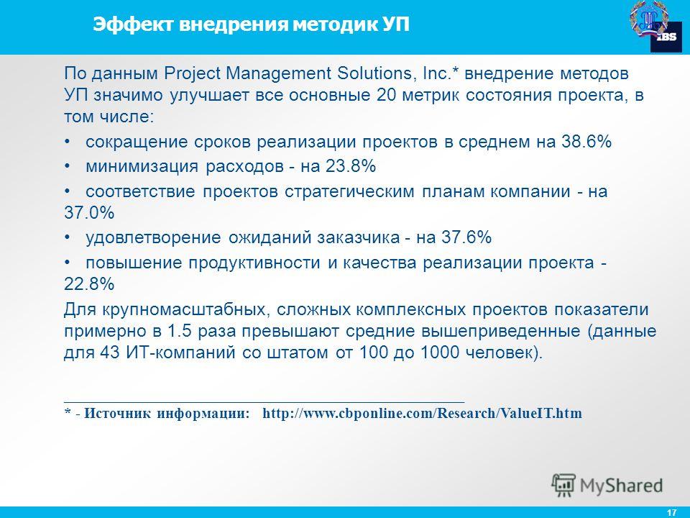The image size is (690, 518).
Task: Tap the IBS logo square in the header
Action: [x=666, y=37]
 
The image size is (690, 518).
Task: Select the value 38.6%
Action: [x=586, y=142]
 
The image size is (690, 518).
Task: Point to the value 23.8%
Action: [x=351, y=166]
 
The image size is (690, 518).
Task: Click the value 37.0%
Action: [x=89, y=213]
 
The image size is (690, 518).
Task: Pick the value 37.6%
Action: [x=466, y=237]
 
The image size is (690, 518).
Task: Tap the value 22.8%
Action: [x=89, y=284]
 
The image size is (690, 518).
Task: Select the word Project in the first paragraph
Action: [x=192, y=74]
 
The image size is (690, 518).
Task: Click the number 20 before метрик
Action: [x=387, y=95]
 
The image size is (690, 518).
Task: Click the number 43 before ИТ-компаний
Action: [x=110, y=353]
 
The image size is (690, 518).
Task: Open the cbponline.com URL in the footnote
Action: [x=422, y=413]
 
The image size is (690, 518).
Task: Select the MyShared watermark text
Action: [x=621, y=486]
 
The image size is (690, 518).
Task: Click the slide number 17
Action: [x=671, y=512]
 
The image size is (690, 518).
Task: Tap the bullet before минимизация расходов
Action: [x=68, y=166]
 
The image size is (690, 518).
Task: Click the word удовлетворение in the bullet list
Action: [x=153, y=238]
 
